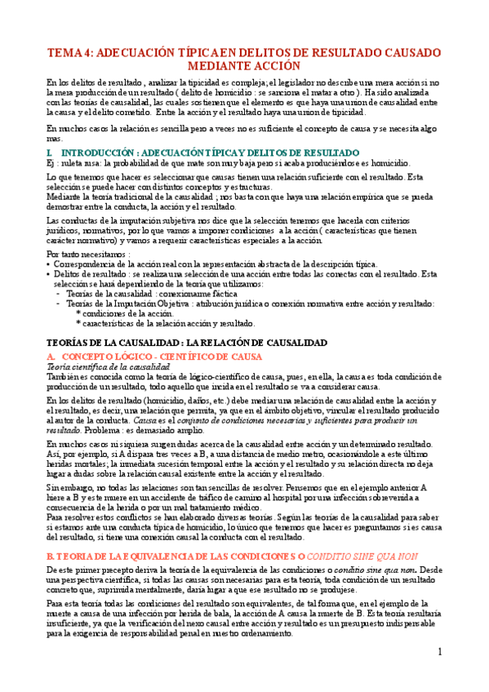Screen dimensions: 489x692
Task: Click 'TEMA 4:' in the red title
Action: [x=69, y=51]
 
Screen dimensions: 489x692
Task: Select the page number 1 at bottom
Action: [x=438, y=652]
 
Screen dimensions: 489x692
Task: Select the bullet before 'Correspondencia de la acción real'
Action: [x=50, y=265]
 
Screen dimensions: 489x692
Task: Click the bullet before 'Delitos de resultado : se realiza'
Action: [x=50, y=275]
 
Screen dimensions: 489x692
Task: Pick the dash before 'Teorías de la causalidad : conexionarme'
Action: [x=58, y=294]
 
